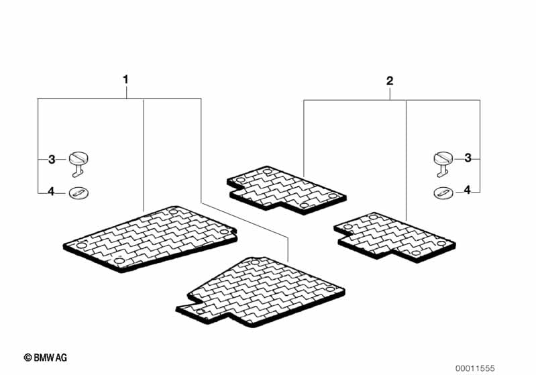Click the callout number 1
126,80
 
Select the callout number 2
390,81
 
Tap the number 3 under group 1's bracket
52,159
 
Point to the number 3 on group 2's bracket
468,158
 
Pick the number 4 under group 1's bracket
51,192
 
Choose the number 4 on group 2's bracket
468,190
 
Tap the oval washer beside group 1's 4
78,193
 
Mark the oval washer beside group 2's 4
443,193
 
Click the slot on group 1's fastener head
78,157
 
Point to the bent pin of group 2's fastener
441,171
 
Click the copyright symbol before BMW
28,358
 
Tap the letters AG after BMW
62,358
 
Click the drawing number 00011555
475,368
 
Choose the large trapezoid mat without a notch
150,239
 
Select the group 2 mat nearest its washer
395,237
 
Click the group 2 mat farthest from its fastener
286,190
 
